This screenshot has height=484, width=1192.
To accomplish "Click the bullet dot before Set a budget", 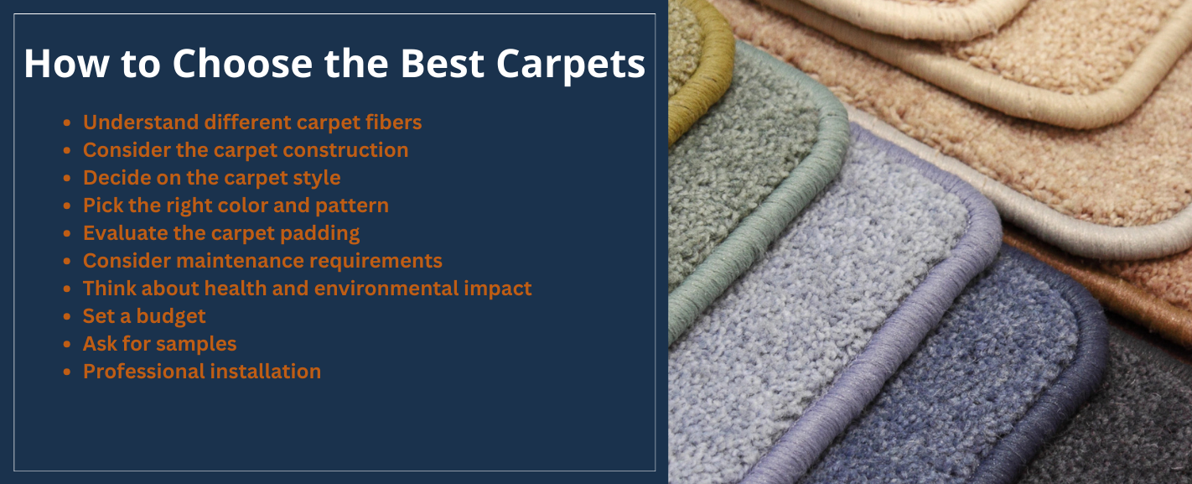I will (x=67, y=317).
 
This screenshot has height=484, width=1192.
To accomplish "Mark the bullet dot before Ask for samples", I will (x=67, y=345).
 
